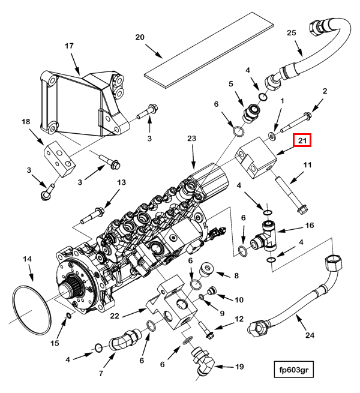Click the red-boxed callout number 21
pyautogui.click(x=302, y=142)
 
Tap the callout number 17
pyautogui.click(x=69, y=46)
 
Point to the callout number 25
pyautogui.click(x=292, y=32)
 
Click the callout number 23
pyautogui.click(x=192, y=139)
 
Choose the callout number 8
pyautogui.click(x=236, y=276)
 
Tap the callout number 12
pyautogui.click(x=239, y=319)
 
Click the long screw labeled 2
pyautogui.click(x=293, y=124)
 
